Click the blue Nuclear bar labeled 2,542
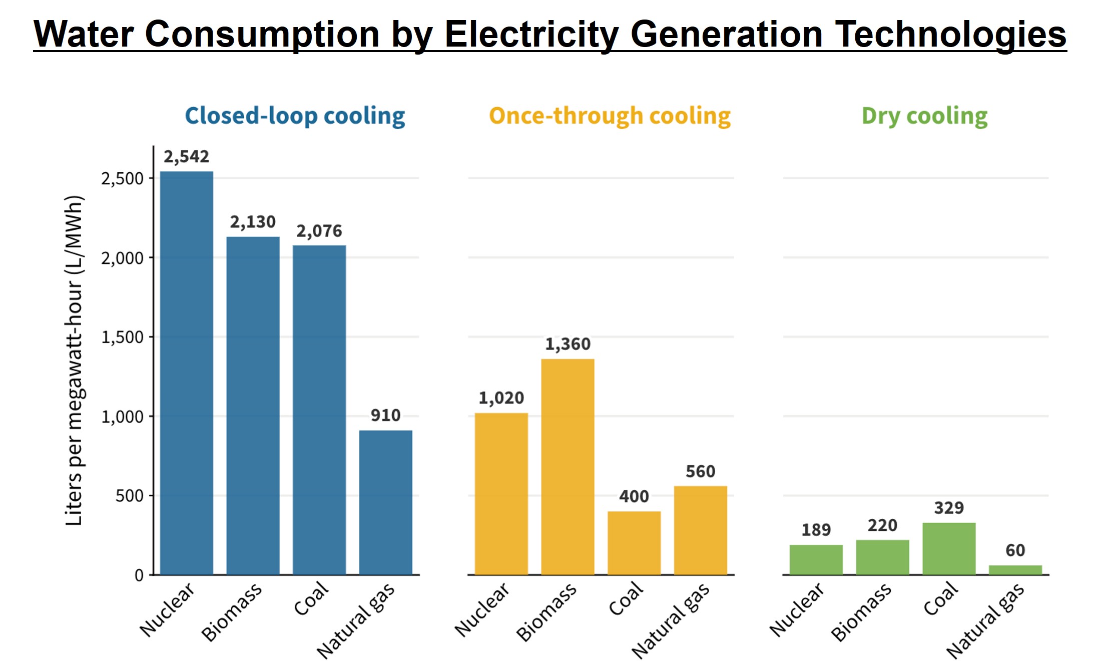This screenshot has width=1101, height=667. [x=186, y=373]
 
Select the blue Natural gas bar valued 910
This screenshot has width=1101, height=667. [x=385, y=502]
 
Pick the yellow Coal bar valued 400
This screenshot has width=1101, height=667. [x=634, y=543]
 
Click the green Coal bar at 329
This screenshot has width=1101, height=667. [x=948, y=548]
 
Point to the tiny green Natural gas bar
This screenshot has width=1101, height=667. [x=1015, y=570]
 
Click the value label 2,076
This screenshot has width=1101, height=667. [x=319, y=231]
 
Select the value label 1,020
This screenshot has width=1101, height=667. [x=501, y=398]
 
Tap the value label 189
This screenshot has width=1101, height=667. [x=816, y=530]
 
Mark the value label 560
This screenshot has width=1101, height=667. [x=700, y=472]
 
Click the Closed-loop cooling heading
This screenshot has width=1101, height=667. [x=295, y=116]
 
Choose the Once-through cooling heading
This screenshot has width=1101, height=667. [x=610, y=116]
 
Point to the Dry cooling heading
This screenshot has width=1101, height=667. [x=924, y=116]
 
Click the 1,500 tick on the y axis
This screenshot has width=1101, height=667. [x=122, y=338]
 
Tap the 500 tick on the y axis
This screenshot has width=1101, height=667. [x=129, y=496]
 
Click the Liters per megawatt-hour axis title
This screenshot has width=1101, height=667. [x=74, y=361]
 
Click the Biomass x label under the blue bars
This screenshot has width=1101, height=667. [x=232, y=612]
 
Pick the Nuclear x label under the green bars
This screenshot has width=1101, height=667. [x=796, y=609]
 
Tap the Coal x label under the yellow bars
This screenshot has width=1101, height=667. [x=626, y=598]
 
